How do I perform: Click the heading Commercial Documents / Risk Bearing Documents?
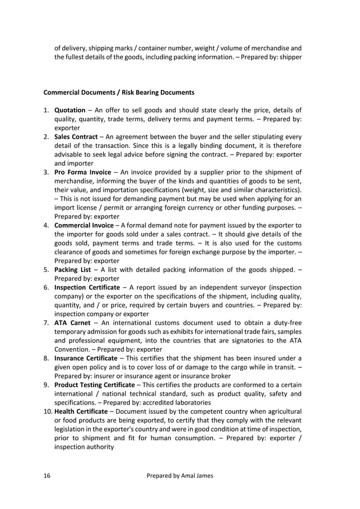(x=119, y=92)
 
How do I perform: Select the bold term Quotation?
(x=69, y=110)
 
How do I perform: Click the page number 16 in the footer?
(x=47, y=476)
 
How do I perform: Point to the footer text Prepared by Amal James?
(x=180, y=476)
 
